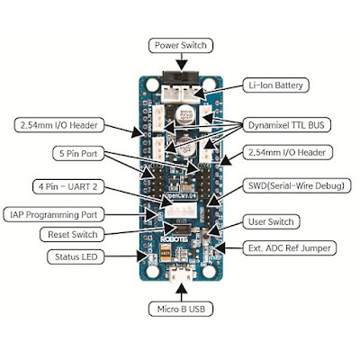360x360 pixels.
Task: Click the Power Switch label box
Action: [181, 46]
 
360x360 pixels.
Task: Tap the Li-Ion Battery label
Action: [275, 85]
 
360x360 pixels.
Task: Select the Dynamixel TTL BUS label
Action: [286, 125]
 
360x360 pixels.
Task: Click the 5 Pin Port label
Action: [78, 153]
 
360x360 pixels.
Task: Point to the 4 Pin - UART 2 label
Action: [68, 186]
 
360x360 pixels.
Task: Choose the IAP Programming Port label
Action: [54, 215]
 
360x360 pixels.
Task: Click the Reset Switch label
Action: [72, 234]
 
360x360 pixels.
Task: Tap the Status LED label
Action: [76, 256]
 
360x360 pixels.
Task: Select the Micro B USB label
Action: [181, 309]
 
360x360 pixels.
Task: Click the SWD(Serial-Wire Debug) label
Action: [296, 185]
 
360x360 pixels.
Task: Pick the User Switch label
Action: [271, 221]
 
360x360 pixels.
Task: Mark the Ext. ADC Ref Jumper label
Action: [290, 248]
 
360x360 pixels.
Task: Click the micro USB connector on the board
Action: [181, 274]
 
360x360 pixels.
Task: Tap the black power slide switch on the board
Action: [180, 77]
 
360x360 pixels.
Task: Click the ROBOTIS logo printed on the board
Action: [174, 239]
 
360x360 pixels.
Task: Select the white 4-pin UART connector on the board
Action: [182, 210]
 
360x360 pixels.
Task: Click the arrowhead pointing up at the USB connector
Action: [182, 289]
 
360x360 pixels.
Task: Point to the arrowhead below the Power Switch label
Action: [182, 65]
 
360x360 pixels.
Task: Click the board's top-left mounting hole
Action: [152, 85]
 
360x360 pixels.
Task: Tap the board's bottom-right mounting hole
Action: [209, 272]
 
